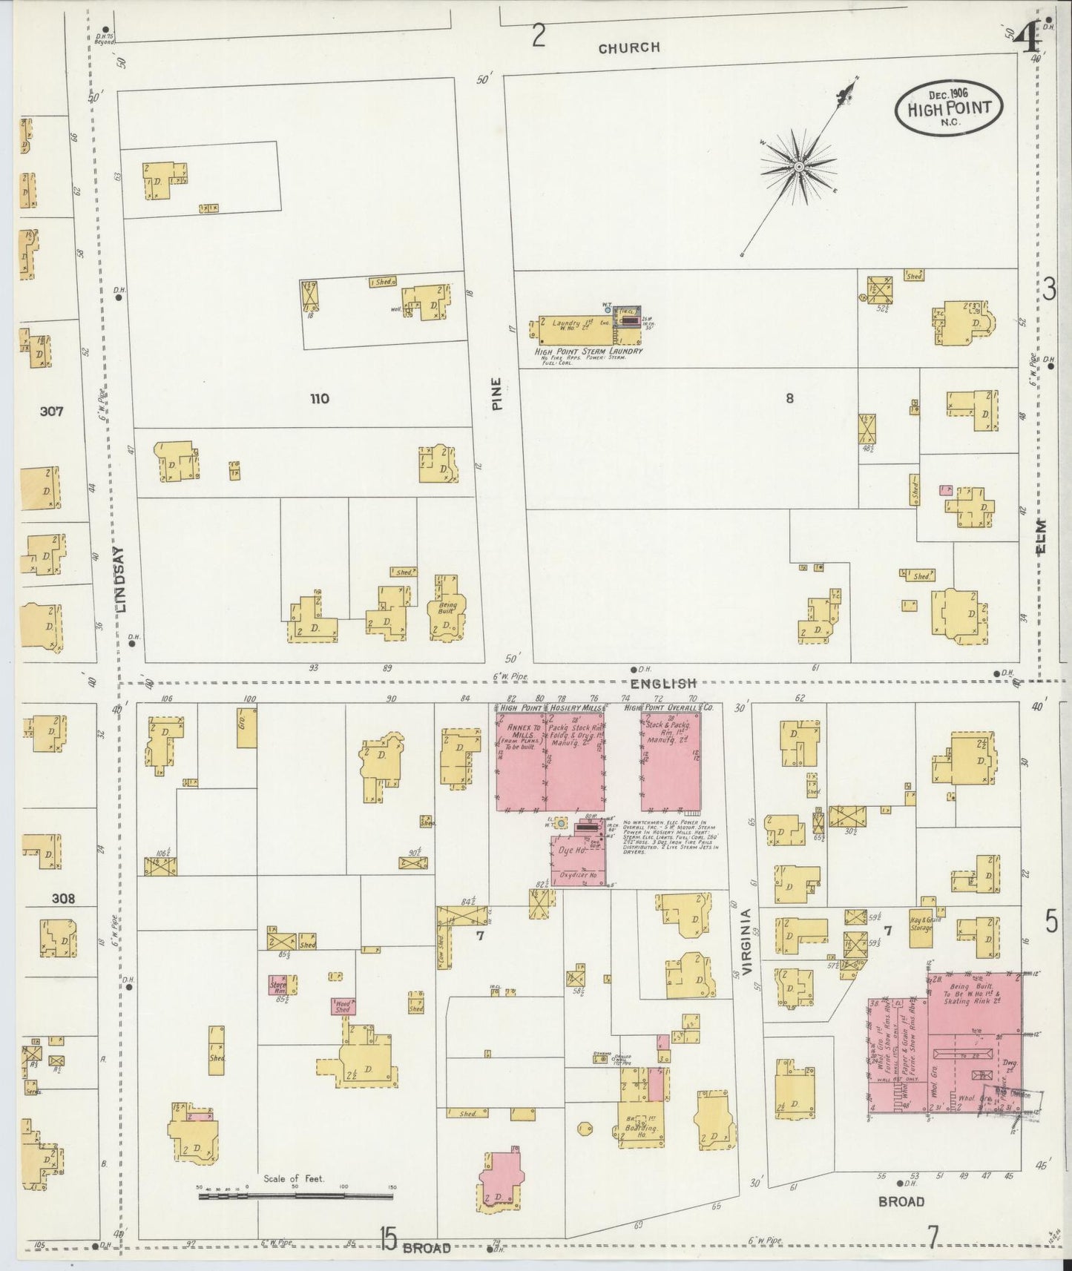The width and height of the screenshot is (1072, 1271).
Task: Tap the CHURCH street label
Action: click(628, 47)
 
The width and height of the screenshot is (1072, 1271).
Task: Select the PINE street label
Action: click(496, 394)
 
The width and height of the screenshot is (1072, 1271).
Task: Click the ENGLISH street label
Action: click(664, 684)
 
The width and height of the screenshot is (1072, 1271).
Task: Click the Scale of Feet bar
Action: click(295, 1195)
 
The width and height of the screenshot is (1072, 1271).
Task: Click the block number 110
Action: click(320, 398)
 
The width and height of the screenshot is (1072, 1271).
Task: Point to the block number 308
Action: click(63, 898)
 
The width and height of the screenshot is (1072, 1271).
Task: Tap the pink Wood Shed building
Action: click(342, 1006)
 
